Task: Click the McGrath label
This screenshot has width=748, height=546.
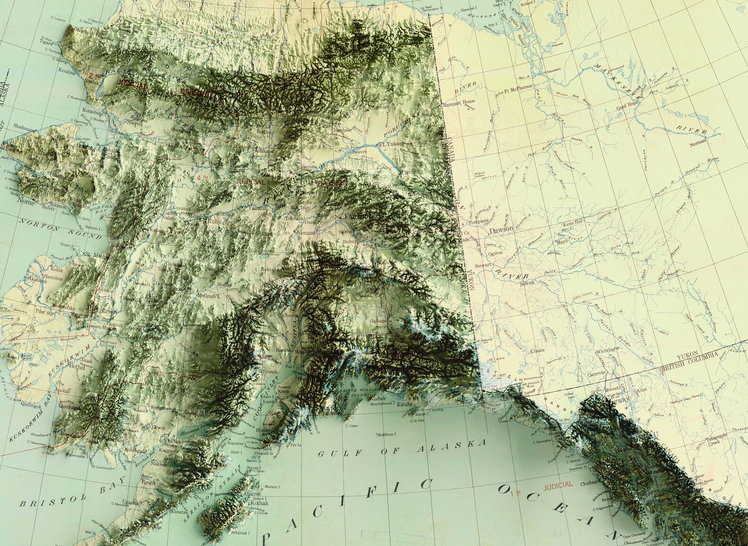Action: (208, 296)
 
